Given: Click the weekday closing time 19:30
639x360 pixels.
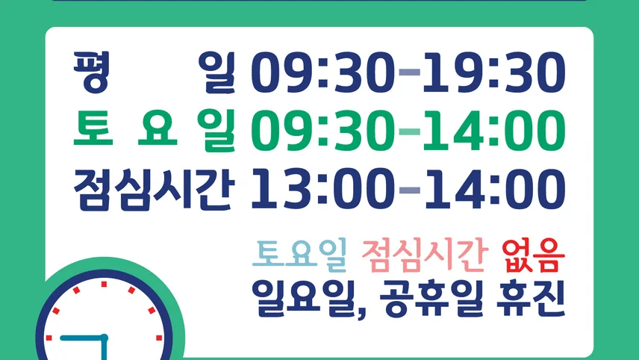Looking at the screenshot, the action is (494, 72).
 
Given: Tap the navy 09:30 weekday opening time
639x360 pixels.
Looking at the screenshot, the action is (322, 72).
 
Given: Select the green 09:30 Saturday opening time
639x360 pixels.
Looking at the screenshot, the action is (322, 131).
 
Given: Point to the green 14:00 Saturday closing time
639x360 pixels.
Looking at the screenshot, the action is (494, 131).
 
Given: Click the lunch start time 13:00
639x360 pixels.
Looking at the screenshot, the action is (322, 190).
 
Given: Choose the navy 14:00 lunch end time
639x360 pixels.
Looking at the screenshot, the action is (494, 190).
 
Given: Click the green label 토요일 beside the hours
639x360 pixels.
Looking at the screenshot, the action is (155, 130).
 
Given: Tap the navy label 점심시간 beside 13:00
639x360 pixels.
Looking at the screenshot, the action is (155, 190).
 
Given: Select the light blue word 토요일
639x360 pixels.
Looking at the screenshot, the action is (299, 255).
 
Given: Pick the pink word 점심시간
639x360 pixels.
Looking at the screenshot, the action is (425, 255).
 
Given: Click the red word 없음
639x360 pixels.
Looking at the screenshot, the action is (534, 255).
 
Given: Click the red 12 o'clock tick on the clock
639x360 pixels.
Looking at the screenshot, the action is (104, 284).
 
